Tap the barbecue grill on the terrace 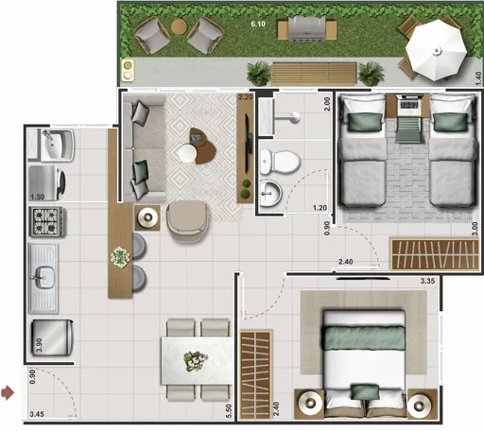click(306, 30)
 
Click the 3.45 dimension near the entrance click(37, 414)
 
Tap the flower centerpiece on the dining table click(196, 359)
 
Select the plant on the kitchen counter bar click(120, 255)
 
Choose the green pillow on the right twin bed click(445, 122)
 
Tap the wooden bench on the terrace click(315, 73)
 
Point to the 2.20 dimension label click(246, 97)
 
